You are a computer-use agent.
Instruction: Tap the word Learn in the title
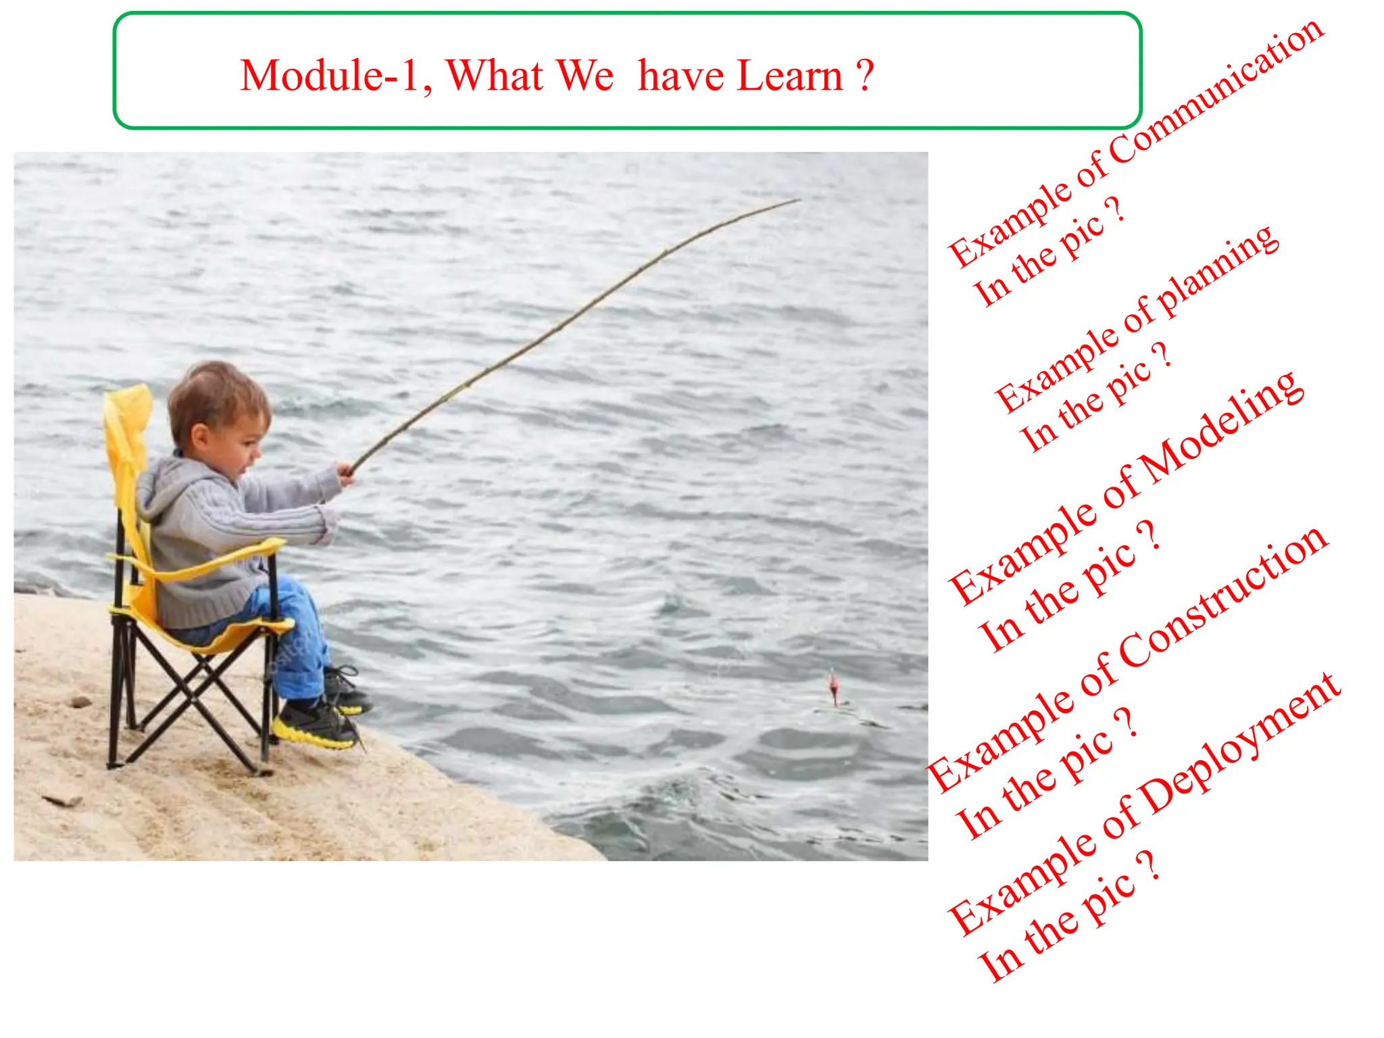click(790, 76)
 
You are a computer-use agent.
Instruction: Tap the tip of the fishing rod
click(799, 200)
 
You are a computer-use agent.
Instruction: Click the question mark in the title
click(865, 76)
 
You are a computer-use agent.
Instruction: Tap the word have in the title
click(681, 76)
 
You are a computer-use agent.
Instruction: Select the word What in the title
click(495, 76)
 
